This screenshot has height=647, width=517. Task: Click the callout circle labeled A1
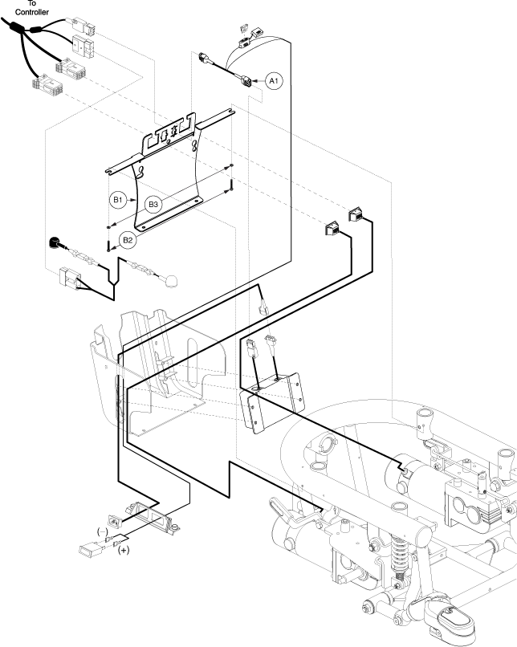[x=274, y=81]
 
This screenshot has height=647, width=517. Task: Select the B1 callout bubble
[x=117, y=198]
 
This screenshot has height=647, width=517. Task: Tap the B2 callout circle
[x=127, y=239]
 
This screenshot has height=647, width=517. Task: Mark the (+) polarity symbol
[x=124, y=550]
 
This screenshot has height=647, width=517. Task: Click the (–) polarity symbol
[x=103, y=531]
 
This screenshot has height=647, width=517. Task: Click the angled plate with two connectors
[x=273, y=401]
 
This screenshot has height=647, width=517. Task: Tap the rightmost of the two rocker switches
[x=355, y=215]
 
